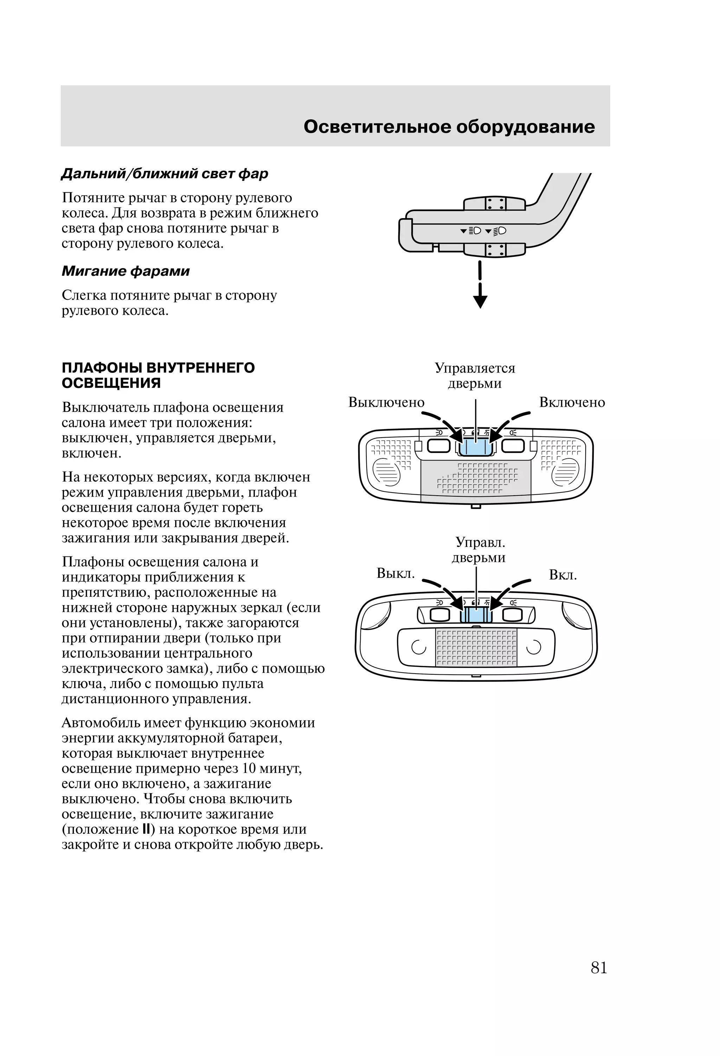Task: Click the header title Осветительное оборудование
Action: click(449, 127)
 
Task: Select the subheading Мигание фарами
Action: click(126, 271)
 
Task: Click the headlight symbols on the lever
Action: click(483, 231)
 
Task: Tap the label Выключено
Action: click(386, 402)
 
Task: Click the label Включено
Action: click(572, 402)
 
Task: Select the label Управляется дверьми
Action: click(475, 375)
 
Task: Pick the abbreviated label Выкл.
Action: click(396, 573)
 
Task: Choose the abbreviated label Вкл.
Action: click(562, 575)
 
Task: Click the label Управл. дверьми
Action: click(479, 550)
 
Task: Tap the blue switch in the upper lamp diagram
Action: click(475, 447)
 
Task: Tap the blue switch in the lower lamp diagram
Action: click(476, 615)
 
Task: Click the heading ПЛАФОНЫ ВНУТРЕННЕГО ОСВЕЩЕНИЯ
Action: click(158, 375)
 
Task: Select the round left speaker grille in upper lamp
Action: click(386, 472)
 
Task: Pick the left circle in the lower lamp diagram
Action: click(418, 647)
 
